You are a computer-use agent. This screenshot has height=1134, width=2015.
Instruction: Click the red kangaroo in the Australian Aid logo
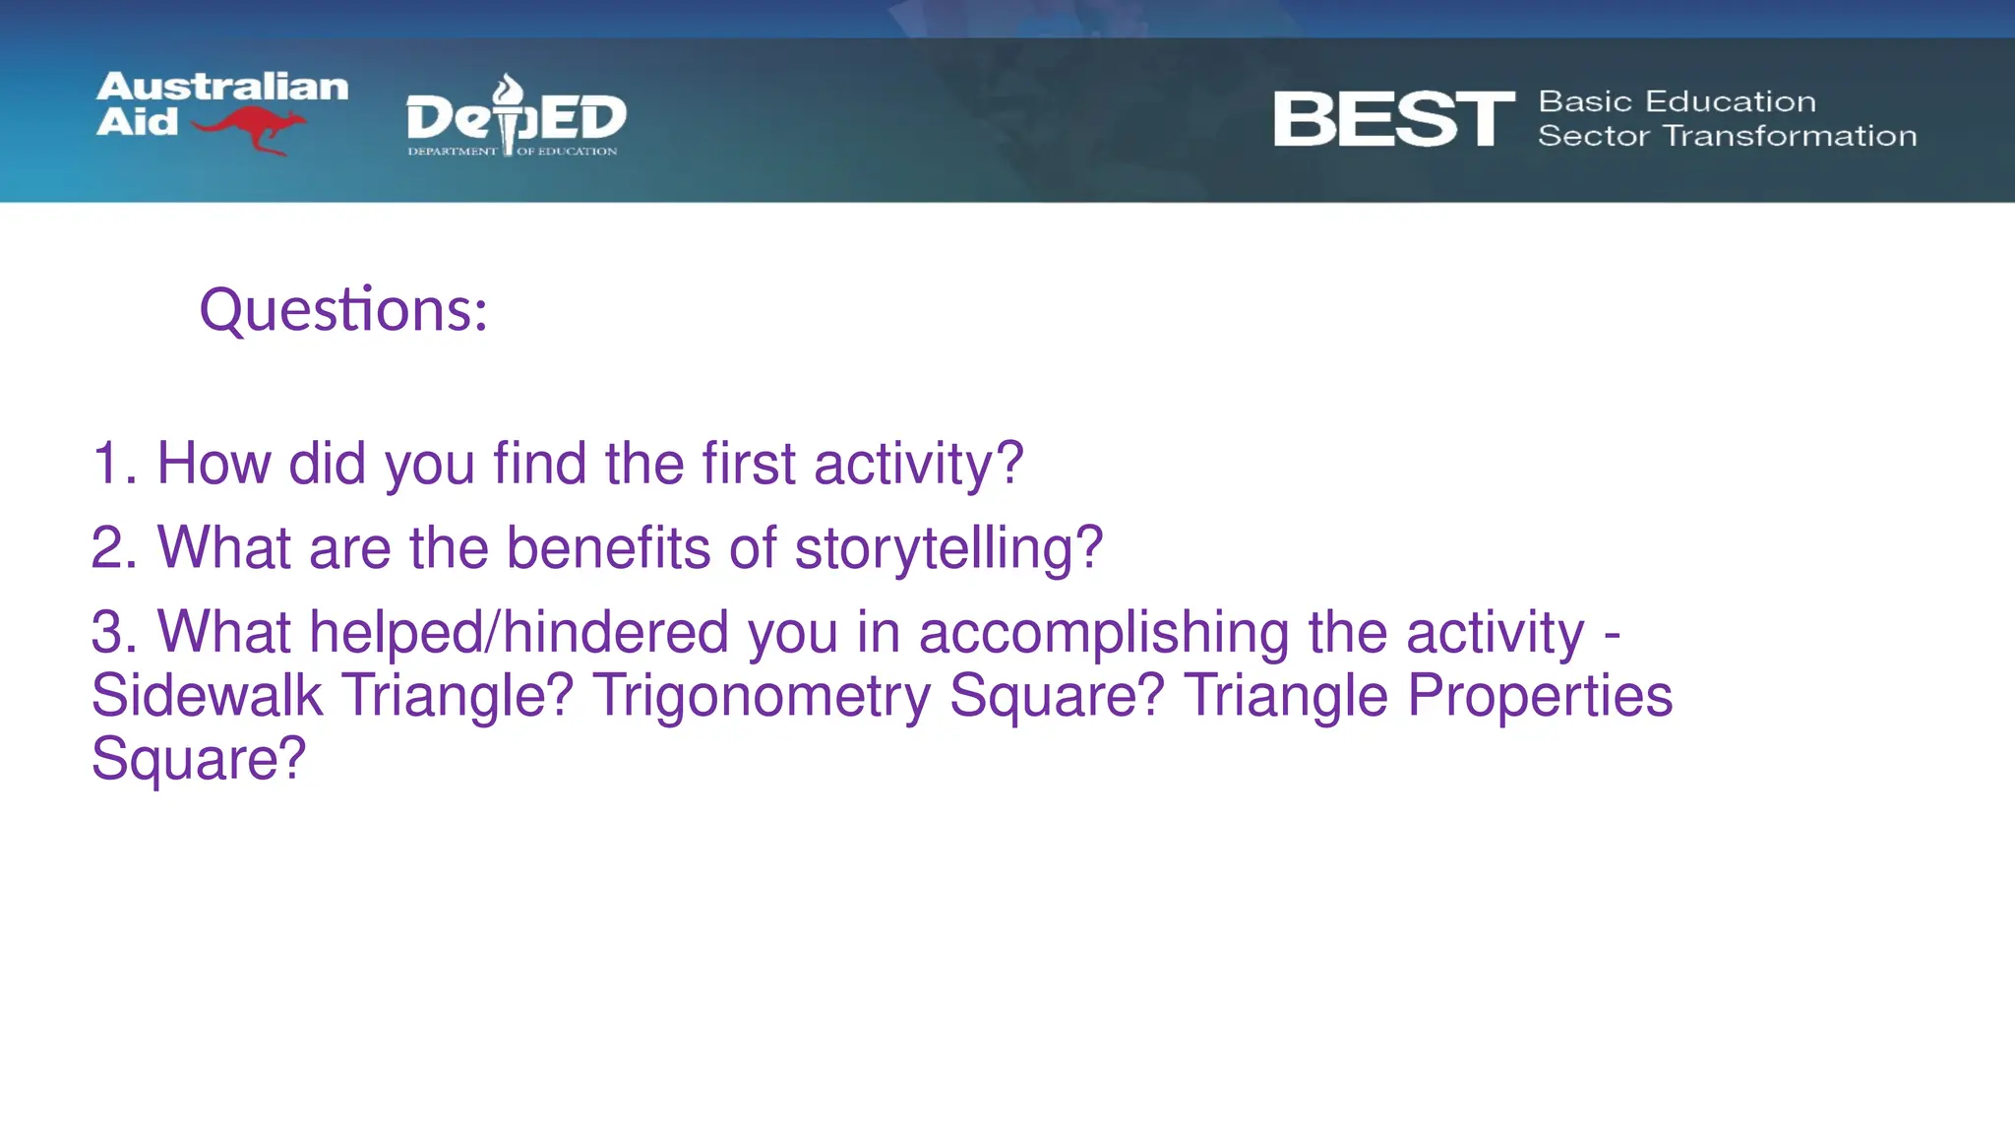click(x=251, y=129)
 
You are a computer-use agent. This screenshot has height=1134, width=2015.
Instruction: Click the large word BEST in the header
click(x=1392, y=119)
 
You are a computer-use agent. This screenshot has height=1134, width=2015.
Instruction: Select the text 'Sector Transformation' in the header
click(x=1727, y=136)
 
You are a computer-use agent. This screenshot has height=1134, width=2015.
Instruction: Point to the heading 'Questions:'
click(x=343, y=310)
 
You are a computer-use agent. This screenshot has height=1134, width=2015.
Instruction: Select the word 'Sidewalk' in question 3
click(x=207, y=695)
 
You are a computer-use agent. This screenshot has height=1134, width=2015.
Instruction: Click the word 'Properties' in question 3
click(x=1539, y=695)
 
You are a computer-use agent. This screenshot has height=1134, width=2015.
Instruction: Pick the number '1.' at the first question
click(x=113, y=463)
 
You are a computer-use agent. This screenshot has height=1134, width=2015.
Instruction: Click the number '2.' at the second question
click(x=113, y=547)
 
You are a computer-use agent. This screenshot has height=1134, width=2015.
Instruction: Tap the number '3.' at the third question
click(x=113, y=631)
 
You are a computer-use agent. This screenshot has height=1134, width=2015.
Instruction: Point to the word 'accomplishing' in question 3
click(x=1103, y=633)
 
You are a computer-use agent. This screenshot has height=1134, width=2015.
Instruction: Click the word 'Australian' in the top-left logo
click(x=222, y=87)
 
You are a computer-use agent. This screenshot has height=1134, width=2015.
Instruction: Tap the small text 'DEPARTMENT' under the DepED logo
click(x=452, y=152)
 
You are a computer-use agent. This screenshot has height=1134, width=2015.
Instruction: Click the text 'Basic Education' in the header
click(x=1677, y=101)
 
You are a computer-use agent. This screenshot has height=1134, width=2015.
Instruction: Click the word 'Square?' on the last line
click(x=199, y=759)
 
